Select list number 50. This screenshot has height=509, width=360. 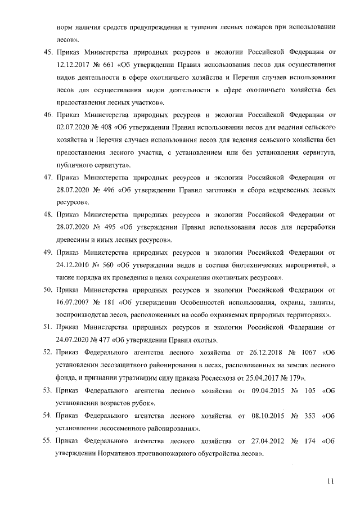[48, 290]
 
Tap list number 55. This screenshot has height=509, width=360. [48, 441]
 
